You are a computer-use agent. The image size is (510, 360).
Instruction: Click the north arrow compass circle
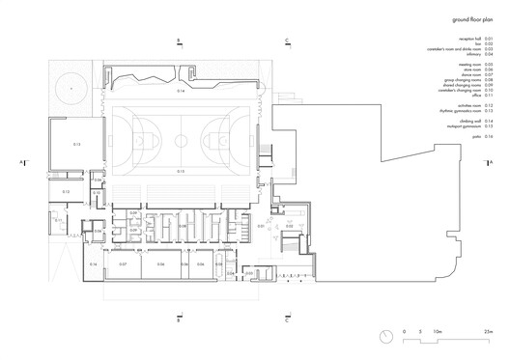pos(386,335)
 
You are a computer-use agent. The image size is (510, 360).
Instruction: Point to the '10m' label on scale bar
pos(438,331)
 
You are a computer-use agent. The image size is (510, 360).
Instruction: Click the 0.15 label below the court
pos(180,171)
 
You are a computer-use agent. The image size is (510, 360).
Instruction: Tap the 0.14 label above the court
pos(180,91)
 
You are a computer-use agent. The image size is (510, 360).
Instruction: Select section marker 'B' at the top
pos(180,40)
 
